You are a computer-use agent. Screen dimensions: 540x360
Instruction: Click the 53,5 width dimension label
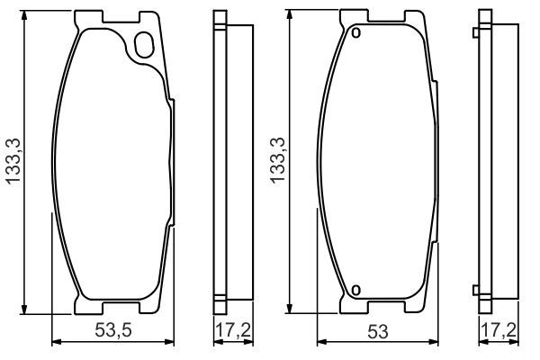point(113,330)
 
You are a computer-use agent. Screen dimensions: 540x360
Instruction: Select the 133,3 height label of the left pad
point(13,162)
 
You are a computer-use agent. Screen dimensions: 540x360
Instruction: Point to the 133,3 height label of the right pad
point(277,160)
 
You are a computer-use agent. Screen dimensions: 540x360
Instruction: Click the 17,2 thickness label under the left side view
point(233,330)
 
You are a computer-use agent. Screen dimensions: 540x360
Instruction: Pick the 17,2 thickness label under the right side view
point(499,330)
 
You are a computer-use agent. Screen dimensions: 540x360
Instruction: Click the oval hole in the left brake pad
point(144,44)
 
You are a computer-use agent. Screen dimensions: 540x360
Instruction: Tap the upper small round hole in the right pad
point(356,33)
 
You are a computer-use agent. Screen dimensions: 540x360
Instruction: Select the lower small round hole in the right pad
point(356,290)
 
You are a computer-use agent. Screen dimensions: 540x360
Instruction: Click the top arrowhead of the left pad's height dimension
point(23,14)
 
